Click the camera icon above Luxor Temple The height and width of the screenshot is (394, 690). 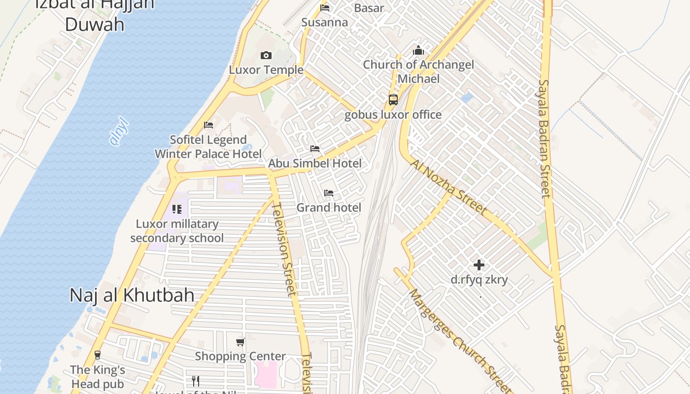click(266, 55)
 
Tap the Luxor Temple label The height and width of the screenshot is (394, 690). click(266, 70)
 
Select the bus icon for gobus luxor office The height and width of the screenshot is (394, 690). click(393, 99)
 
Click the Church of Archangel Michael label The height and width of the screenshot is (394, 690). click(418, 71)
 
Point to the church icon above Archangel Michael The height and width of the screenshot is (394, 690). click(418, 50)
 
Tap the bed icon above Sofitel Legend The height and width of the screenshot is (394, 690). click(208, 125)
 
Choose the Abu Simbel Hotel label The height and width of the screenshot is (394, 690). click(314, 163)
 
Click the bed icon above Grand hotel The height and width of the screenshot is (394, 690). click(329, 193)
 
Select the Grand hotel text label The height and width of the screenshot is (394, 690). click(329, 207)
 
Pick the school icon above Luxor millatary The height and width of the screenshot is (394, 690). click(177, 209)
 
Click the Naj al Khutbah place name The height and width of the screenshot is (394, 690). click(132, 295)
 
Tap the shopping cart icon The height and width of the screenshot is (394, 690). click(240, 342)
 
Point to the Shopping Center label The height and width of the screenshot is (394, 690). click(240, 356)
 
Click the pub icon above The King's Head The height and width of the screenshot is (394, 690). click(98, 355)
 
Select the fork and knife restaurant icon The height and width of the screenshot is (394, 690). click(195, 381)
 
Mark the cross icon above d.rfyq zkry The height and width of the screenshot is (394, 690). click(479, 265)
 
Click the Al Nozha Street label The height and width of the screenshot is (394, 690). click(448, 187)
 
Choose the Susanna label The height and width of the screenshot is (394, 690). click(324, 22)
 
